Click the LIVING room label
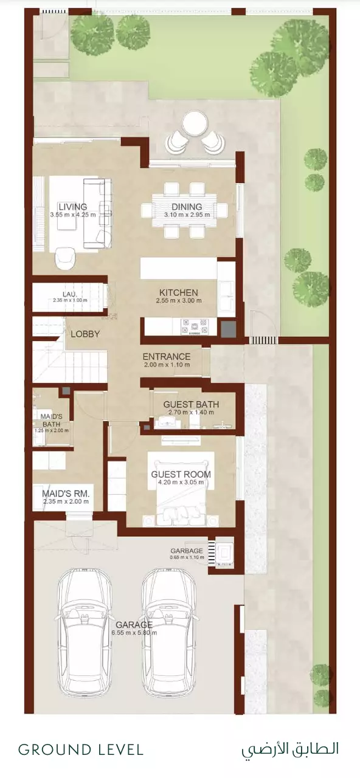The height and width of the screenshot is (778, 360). pos(72,207)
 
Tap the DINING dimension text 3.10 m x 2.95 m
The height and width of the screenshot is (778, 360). pos(187,215)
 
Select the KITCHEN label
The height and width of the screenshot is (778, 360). pos(179,292)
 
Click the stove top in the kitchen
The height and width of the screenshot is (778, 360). pos(194,327)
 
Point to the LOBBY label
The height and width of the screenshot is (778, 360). pos(86,334)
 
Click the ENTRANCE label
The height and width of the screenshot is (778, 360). pos(167,356)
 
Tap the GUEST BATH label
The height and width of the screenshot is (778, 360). pos(191,404)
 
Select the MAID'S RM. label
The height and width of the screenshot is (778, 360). pos(66,493)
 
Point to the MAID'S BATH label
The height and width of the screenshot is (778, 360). pos(52,420)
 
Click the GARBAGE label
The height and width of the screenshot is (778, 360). pos(187,551)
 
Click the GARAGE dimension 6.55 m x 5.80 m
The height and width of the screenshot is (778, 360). pos(134,633)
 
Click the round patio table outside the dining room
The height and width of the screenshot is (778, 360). pos(195,123)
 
